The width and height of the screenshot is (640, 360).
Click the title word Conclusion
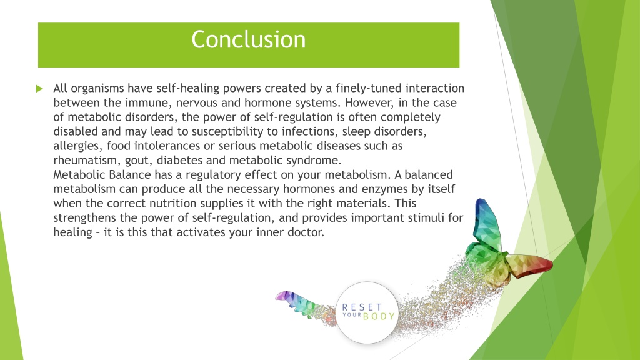point(249,39)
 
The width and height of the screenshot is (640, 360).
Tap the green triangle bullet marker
point(39,89)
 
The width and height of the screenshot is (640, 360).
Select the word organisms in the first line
point(97,89)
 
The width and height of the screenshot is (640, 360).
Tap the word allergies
point(78,146)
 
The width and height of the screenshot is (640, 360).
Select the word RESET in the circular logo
point(362,307)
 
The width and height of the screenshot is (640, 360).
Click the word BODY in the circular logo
point(379,316)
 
